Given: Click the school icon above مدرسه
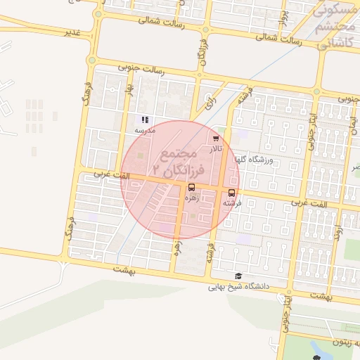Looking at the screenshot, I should click(x=145, y=120).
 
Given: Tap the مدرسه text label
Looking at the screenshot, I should click(x=145, y=131).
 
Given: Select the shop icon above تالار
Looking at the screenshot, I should click(x=215, y=139).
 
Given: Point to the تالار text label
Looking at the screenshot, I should click(x=215, y=149).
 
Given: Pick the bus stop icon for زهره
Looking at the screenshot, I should click(x=192, y=188).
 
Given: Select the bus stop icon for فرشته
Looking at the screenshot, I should click(x=232, y=193).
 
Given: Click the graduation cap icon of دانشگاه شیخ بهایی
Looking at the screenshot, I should click(x=239, y=276).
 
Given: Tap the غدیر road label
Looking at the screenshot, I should click(x=72, y=32).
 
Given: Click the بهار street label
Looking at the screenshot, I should click(x=129, y=92).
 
